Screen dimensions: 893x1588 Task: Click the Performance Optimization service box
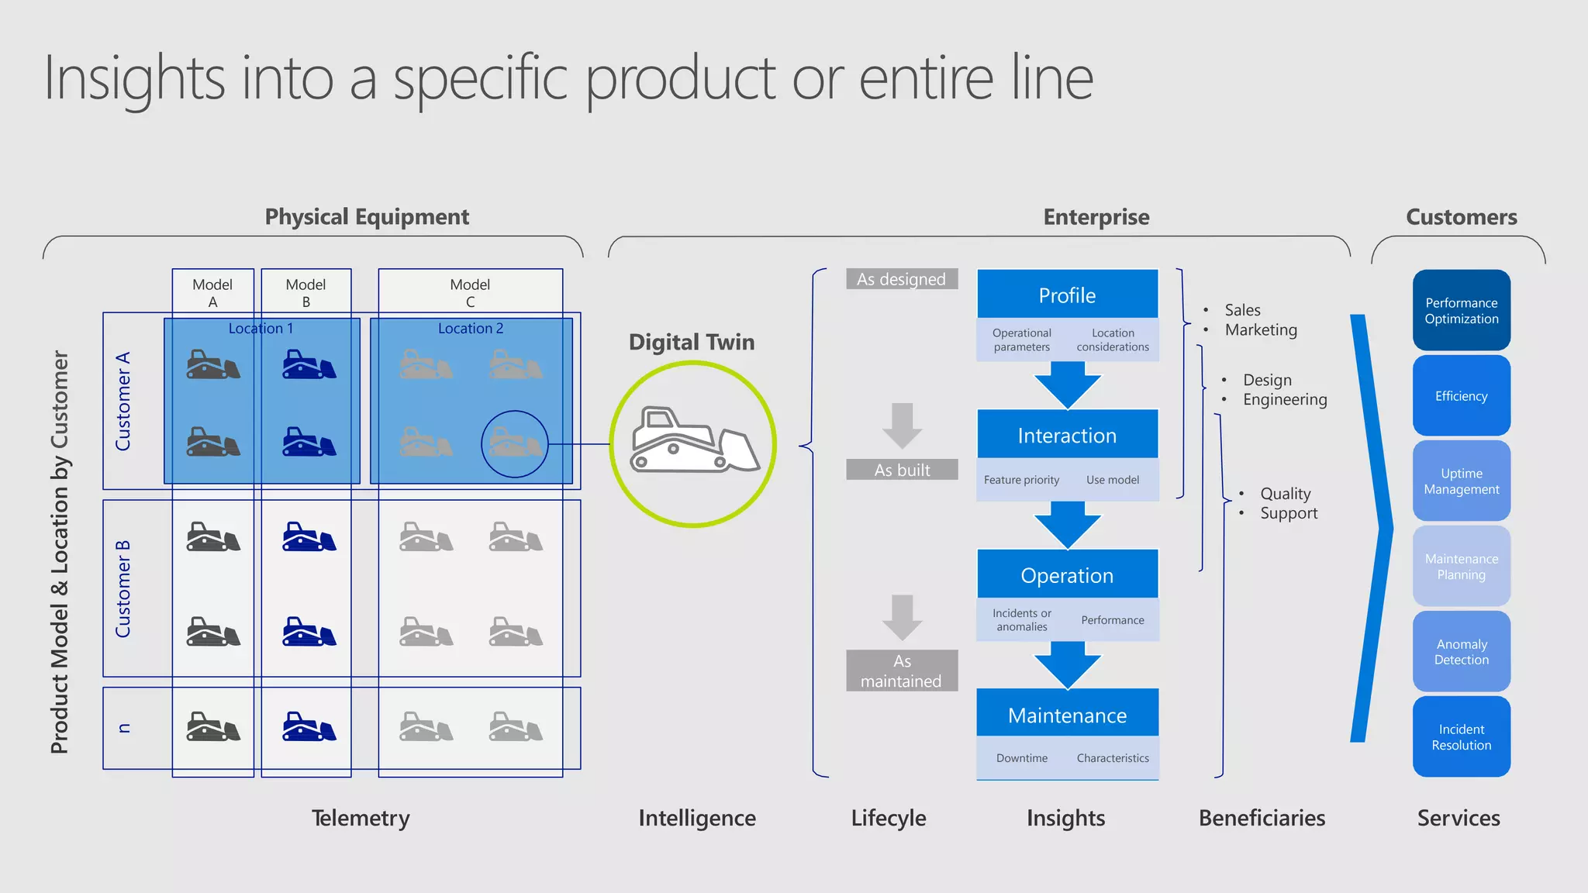click(1461, 310)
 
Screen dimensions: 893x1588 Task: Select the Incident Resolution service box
click(1461, 736)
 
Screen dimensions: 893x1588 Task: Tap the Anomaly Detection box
click(1461, 651)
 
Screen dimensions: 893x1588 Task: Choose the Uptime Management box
click(1461, 481)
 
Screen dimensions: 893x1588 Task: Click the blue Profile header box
click(1067, 295)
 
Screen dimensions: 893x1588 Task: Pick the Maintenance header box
click(1067, 714)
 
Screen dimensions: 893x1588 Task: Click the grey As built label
click(902, 470)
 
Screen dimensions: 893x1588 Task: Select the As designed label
click(902, 279)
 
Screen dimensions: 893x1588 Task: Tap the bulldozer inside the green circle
click(692, 440)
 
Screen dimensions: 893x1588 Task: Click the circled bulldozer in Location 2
click(515, 444)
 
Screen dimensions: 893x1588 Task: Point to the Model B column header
click(306, 292)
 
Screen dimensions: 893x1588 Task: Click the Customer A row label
click(123, 401)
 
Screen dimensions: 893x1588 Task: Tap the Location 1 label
click(261, 328)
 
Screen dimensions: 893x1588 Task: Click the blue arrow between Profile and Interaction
click(1067, 384)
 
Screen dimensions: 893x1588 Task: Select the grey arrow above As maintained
click(902, 617)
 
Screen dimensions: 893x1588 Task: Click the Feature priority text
click(1021, 480)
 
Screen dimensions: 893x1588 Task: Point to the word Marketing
click(1261, 329)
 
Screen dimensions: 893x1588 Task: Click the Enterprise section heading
click(1096, 217)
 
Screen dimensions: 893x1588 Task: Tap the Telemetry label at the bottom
click(361, 818)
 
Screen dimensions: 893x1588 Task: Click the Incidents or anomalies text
click(1021, 619)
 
